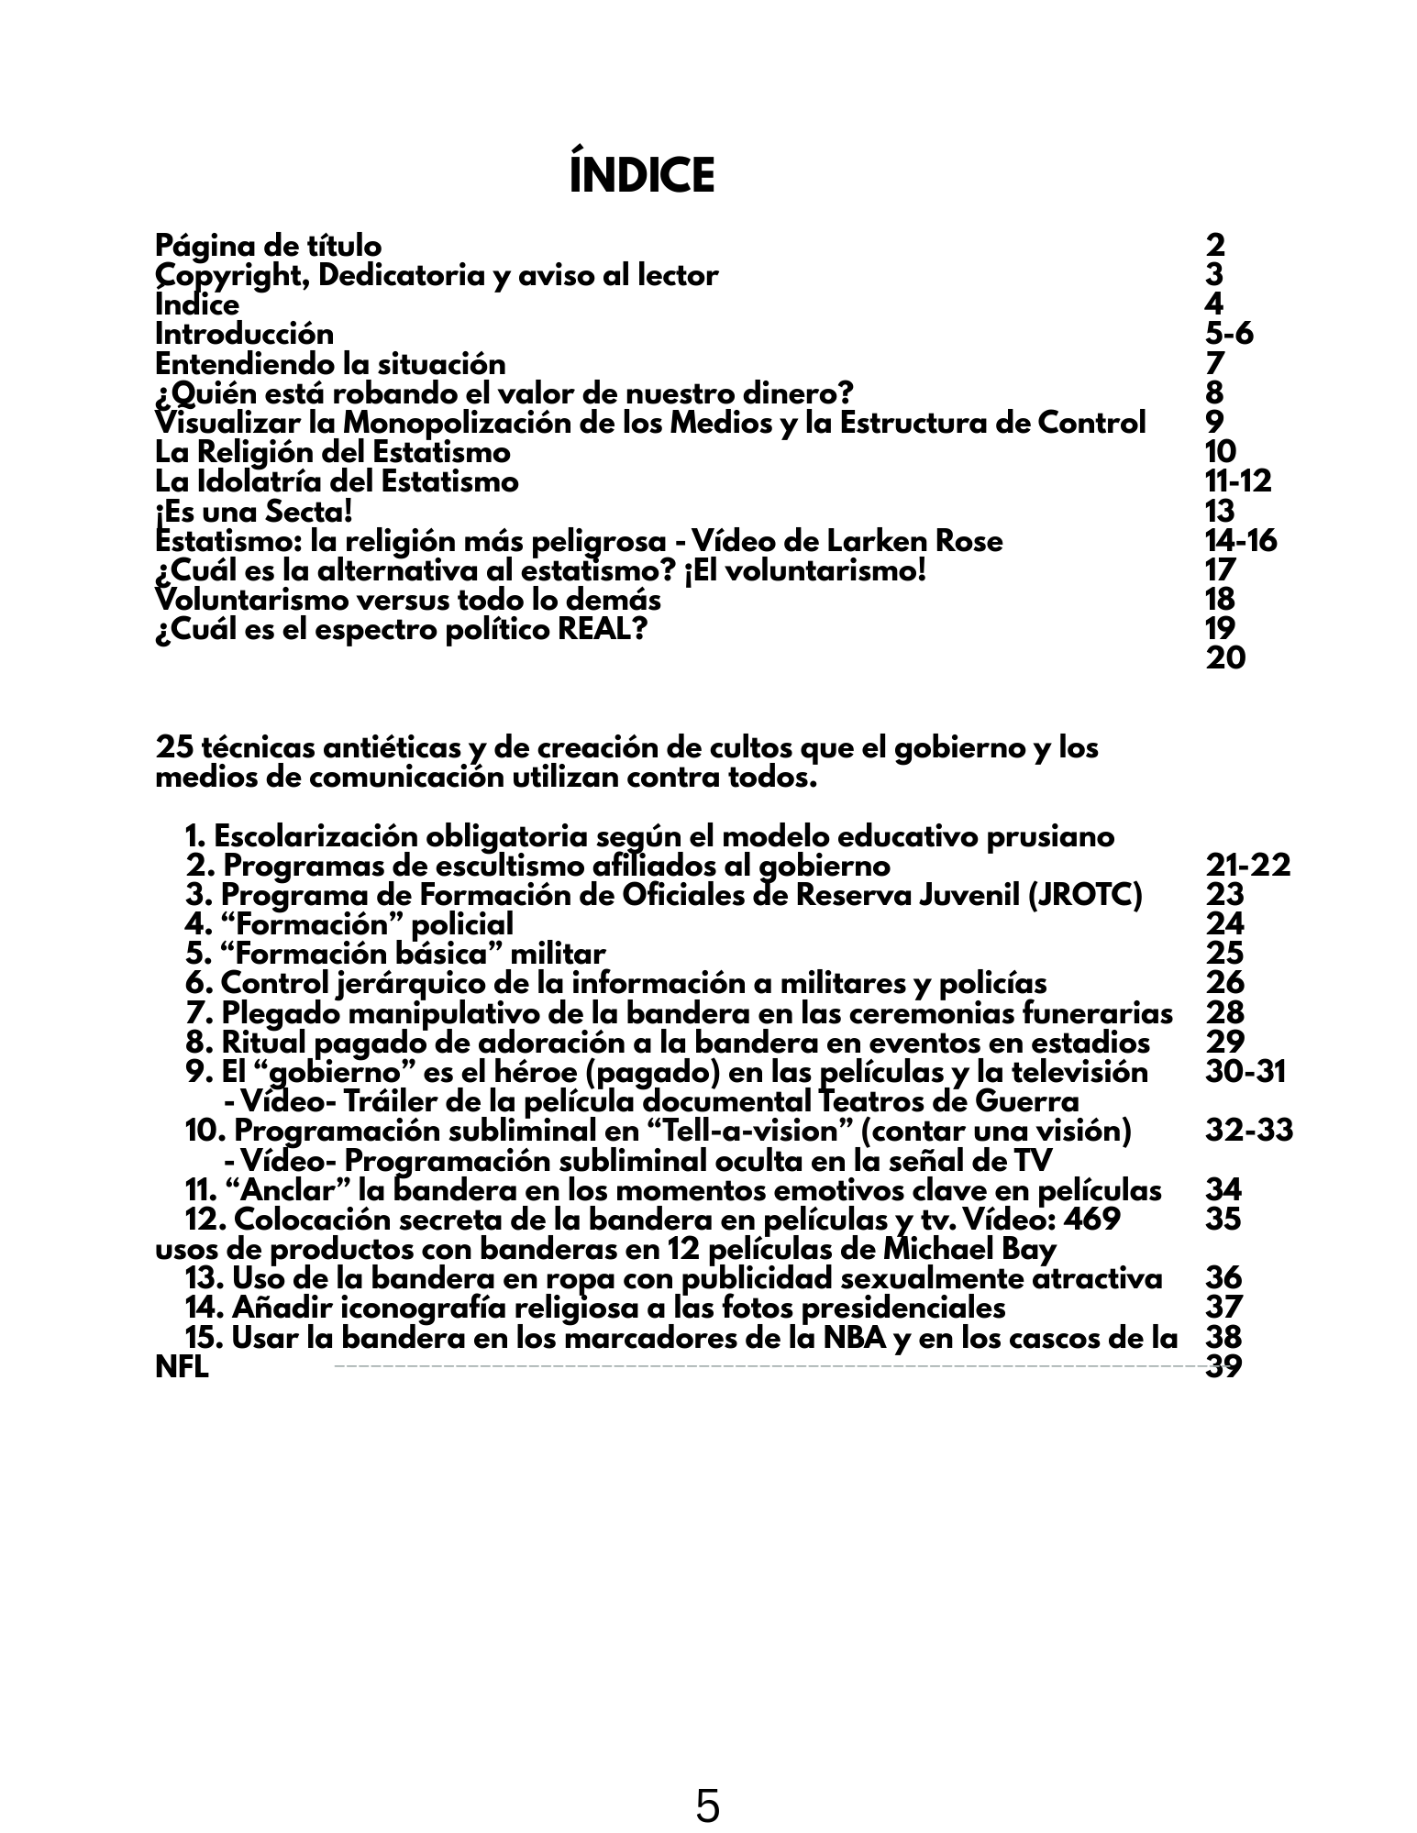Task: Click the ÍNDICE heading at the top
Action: (x=642, y=176)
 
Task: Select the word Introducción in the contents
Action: (x=244, y=334)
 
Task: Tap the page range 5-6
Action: (x=1229, y=334)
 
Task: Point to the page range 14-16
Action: (x=1241, y=541)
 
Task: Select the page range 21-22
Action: (x=1247, y=866)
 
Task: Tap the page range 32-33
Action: (x=1248, y=1131)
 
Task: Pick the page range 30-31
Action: (x=1245, y=1072)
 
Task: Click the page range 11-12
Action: (x=1238, y=481)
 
